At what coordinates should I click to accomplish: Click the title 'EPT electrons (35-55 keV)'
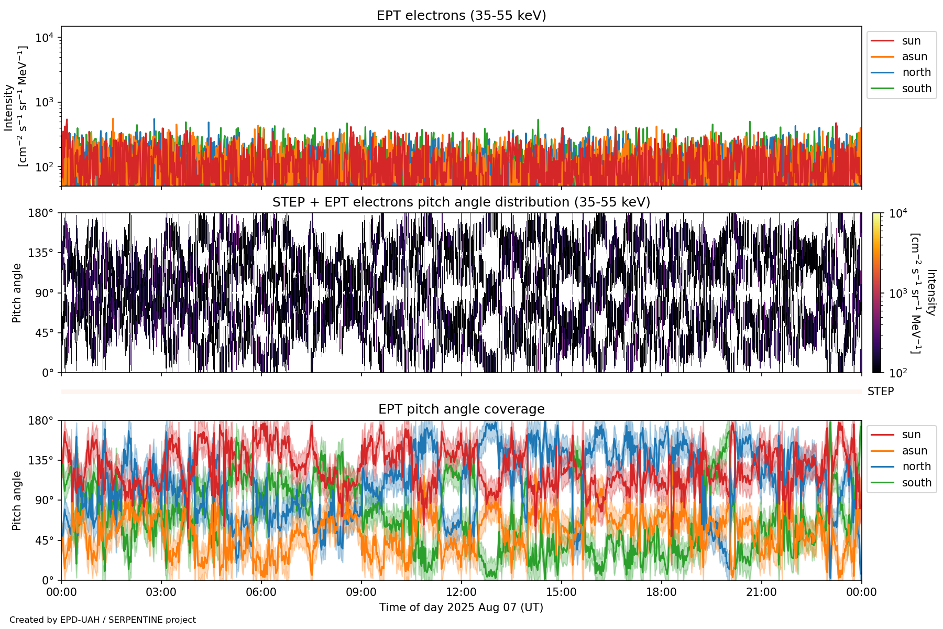pos(461,16)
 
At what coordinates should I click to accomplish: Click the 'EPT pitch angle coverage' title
pos(461,409)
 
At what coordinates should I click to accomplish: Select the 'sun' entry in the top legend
pos(911,41)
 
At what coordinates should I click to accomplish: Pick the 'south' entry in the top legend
pos(916,89)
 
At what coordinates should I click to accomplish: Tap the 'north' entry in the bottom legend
pos(916,467)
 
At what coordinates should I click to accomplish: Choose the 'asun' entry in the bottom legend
pos(914,451)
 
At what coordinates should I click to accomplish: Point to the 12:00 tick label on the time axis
pos(461,592)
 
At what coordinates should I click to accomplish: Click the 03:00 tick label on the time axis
pos(161,592)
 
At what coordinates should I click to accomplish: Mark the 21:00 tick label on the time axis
pos(761,592)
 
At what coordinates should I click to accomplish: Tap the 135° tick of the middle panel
pos(41,253)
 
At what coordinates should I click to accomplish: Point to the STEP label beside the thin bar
pos(880,392)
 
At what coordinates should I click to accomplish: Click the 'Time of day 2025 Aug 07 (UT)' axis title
pos(461,608)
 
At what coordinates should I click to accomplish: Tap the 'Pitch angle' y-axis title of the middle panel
pos(17,293)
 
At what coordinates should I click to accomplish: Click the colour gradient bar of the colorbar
pos(876,293)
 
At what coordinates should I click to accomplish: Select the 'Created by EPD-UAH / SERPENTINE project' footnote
pos(103,620)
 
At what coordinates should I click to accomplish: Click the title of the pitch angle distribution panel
pos(461,202)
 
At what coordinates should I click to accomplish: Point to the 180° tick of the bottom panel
pos(41,420)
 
